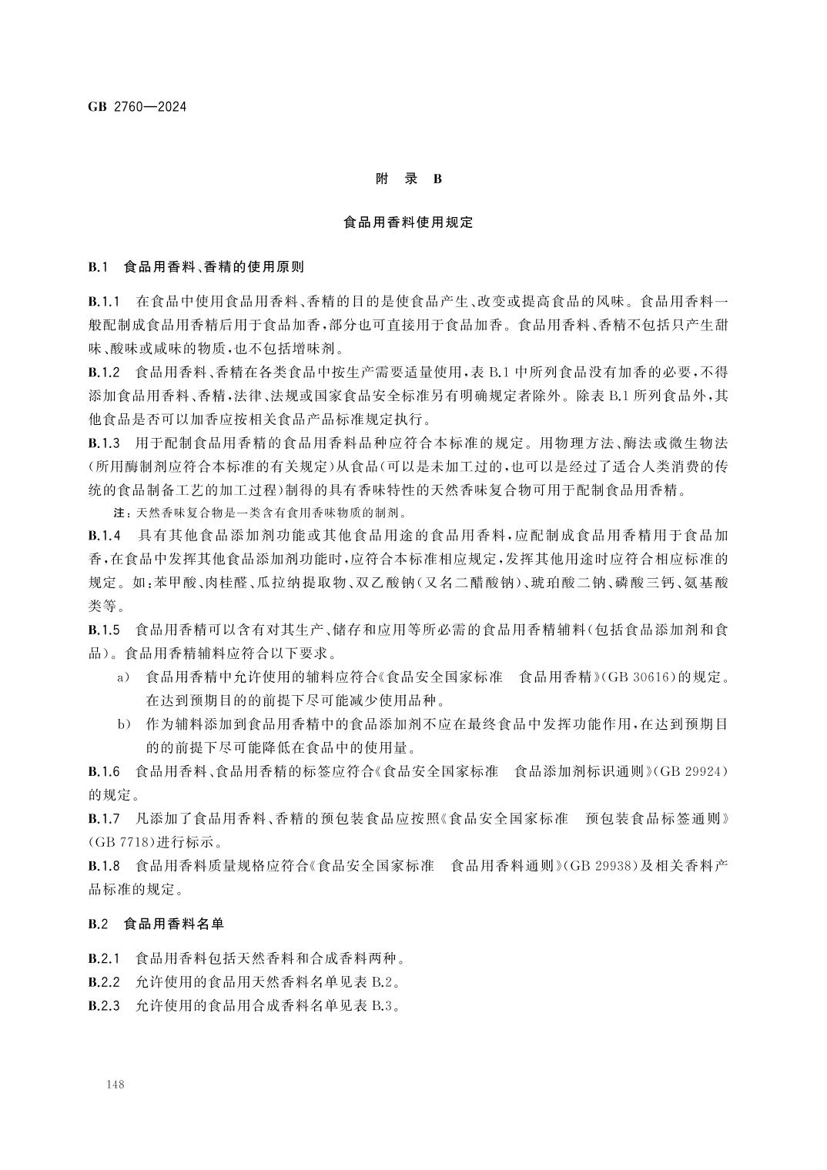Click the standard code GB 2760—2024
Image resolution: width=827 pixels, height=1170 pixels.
tap(137, 106)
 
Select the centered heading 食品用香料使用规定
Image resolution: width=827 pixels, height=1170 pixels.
tap(408, 223)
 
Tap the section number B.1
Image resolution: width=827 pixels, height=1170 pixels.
tap(97, 268)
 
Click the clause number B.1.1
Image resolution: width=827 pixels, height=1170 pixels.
tap(105, 301)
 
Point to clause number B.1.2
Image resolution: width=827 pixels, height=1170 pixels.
tap(105, 373)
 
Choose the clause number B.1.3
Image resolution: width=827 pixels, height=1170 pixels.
tap(105, 443)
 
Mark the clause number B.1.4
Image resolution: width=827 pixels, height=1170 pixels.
tap(105, 535)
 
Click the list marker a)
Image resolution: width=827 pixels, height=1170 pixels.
tap(122, 677)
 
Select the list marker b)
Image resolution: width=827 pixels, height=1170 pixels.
tap(122, 724)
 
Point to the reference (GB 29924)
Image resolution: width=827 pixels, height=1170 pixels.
tap(689, 771)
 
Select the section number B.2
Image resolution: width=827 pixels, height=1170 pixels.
tap(97, 924)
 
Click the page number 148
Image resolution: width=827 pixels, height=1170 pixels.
tap(117, 1085)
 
